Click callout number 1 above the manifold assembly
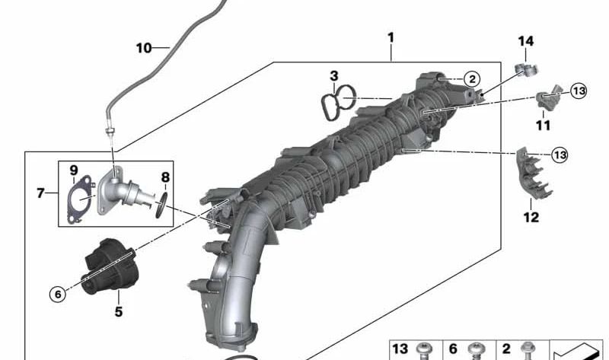pos(391,37)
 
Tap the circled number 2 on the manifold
pos(471,78)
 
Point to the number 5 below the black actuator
pos(119,311)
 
